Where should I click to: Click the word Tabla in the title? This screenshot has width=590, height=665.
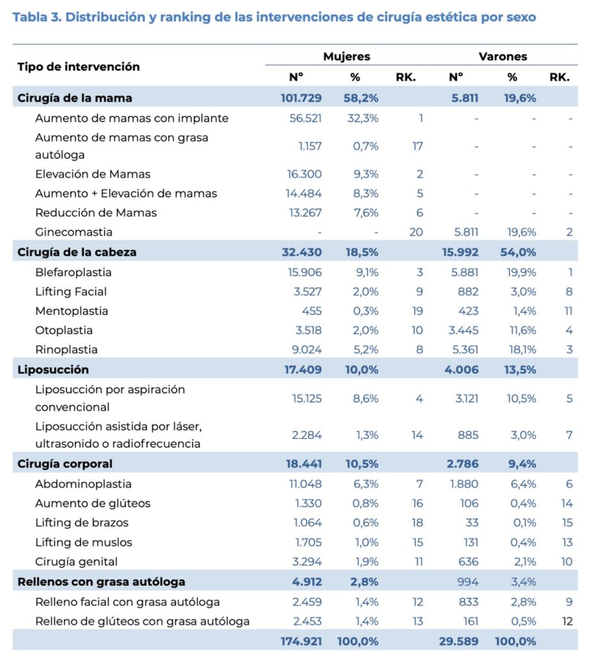31,17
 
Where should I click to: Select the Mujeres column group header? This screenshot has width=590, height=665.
346,56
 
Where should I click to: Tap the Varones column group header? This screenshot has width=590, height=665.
502,56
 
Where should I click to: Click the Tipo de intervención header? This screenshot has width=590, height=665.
79,67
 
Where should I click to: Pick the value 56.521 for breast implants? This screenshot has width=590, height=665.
305,118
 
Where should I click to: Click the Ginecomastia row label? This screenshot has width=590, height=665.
74,232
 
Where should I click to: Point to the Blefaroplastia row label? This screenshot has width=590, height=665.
73,272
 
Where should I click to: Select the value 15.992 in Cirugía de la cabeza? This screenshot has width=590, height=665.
460,252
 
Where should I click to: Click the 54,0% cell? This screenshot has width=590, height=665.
519,252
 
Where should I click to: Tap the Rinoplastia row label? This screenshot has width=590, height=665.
66,349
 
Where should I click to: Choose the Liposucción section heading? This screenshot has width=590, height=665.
53,370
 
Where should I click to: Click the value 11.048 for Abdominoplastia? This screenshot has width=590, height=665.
305,484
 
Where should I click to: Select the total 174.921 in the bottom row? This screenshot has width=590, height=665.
301,641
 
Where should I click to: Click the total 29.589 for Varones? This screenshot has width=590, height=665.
458,641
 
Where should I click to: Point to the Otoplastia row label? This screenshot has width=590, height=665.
64,331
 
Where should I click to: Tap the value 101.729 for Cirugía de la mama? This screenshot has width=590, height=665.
301,98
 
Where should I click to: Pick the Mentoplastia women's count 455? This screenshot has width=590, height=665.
311,311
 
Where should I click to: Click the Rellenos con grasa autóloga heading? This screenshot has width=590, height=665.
101,582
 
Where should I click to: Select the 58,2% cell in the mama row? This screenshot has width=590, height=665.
361,98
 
